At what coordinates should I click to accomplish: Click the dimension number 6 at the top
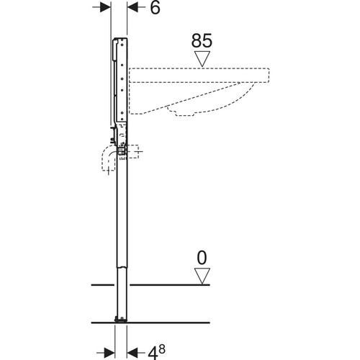pyautogui.click(x=155, y=8)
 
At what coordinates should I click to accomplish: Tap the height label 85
pyautogui.click(x=202, y=40)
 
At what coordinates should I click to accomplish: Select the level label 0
pyautogui.click(x=202, y=258)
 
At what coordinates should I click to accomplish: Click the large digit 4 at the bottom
pyautogui.click(x=152, y=353)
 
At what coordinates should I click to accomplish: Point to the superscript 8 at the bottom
pyautogui.click(x=162, y=349)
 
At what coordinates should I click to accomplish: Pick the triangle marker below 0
pyautogui.click(x=202, y=276)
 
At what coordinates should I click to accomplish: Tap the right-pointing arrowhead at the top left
pyautogui.click(x=106, y=7)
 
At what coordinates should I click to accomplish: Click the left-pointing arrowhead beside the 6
pyautogui.click(x=132, y=7)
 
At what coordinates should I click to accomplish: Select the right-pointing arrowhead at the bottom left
pyautogui.click(x=109, y=353)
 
